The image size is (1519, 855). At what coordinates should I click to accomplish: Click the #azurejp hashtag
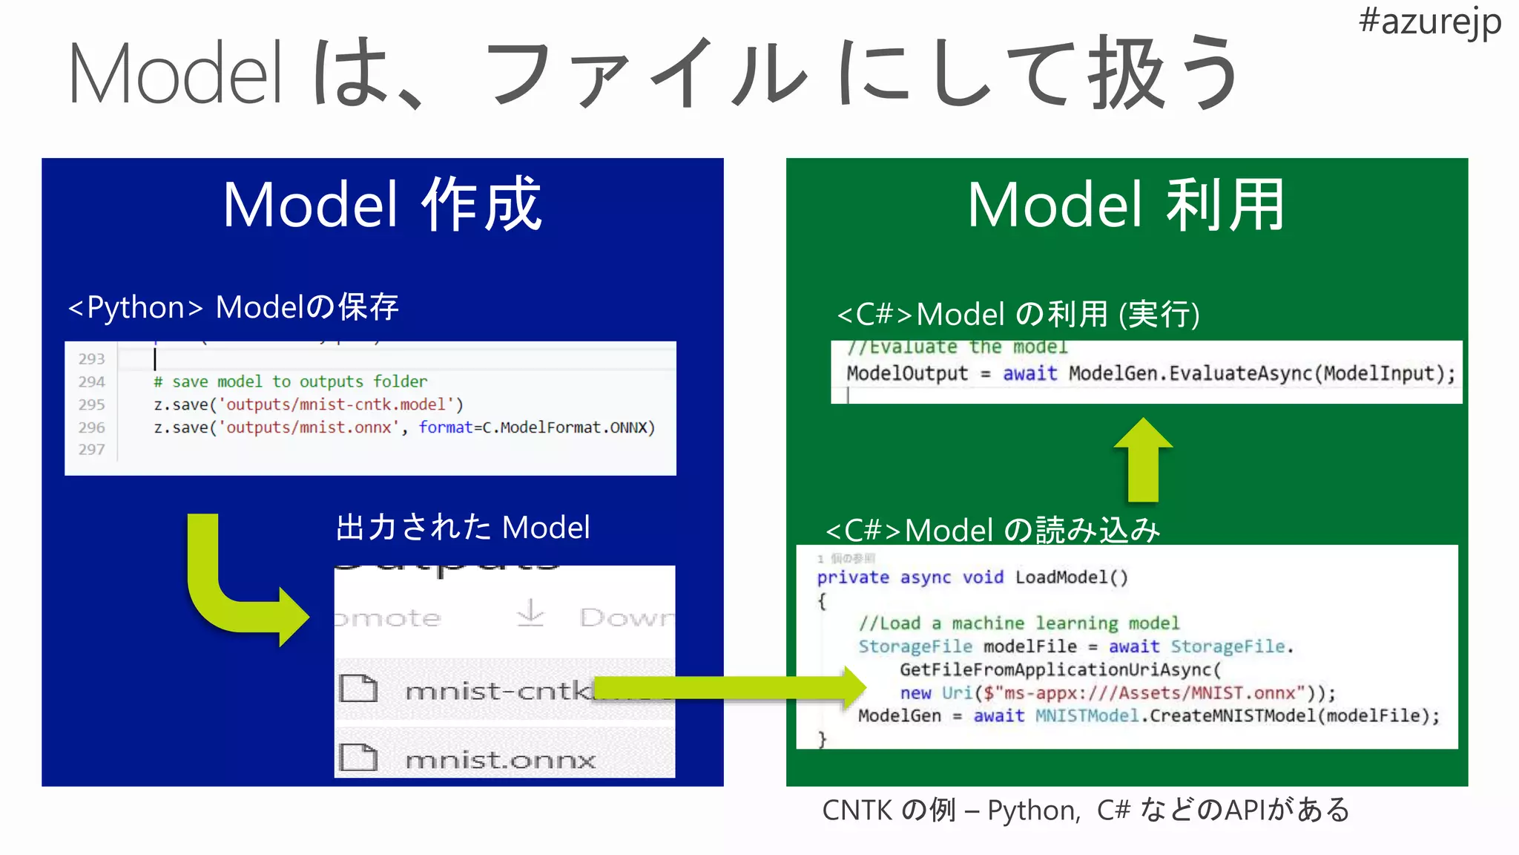tap(1429, 22)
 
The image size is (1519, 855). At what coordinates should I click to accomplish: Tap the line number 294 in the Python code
tap(92, 381)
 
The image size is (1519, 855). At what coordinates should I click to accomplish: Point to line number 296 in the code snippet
tap(92, 427)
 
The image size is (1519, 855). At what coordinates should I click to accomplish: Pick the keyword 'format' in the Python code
tap(445, 427)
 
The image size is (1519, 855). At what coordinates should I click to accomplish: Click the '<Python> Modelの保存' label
tap(233, 307)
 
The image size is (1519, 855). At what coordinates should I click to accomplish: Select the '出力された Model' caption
tap(463, 528)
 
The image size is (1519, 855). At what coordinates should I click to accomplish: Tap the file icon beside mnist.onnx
tap(358, 758)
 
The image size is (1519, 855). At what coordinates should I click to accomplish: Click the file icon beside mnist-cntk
tap(358, 689)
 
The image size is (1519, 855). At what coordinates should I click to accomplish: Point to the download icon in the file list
tap(530, 615)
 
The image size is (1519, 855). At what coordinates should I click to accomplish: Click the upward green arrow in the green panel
tap(1143, 460)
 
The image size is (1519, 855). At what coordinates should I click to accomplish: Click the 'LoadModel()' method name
tap(1071, 577)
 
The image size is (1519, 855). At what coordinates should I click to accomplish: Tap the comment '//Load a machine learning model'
tap(1018, 623)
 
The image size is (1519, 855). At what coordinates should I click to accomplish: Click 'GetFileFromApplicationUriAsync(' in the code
tap(1060, 669)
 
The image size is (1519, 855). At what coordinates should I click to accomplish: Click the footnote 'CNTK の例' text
tap(889, 810)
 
